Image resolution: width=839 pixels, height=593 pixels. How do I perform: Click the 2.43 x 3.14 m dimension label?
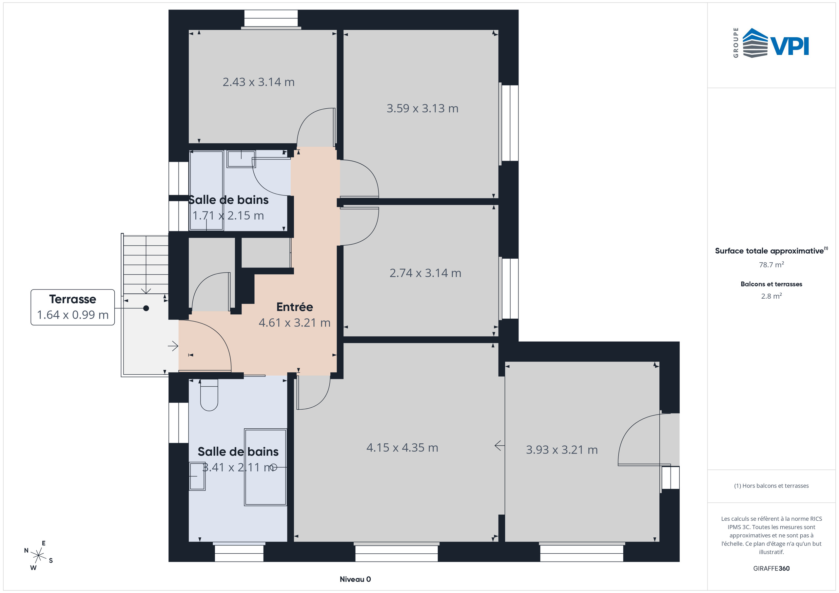[x=258, y=82]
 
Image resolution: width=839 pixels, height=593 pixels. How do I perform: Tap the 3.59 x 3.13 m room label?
[x=422, y=108]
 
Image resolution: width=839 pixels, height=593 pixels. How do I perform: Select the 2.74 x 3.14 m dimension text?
[x=425, y=273]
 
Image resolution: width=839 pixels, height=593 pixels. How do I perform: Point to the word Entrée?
[x=295, y=307]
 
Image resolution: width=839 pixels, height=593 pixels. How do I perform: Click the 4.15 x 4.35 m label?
[x=402, y=448]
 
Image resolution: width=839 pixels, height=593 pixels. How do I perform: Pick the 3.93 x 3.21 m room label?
[x=561, y=450]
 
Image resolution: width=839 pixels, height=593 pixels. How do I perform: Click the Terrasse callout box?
[x=72, y=307]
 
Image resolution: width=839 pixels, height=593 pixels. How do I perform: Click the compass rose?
[x=38, y=556]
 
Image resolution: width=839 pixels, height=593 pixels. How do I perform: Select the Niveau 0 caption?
[x=355, y=579]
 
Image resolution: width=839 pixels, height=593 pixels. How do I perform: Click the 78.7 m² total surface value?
[x=771, y=265]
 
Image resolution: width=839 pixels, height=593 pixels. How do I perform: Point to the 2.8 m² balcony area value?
[x=771, y=296]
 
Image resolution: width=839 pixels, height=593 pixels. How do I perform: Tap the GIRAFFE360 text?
[x=771, y=568]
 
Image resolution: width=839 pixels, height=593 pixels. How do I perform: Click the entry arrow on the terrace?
[x=173, y=346]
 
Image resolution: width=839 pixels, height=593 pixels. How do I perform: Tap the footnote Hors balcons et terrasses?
[x=771, y=486]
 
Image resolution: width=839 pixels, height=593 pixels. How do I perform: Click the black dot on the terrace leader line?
[x=146, y=308]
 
